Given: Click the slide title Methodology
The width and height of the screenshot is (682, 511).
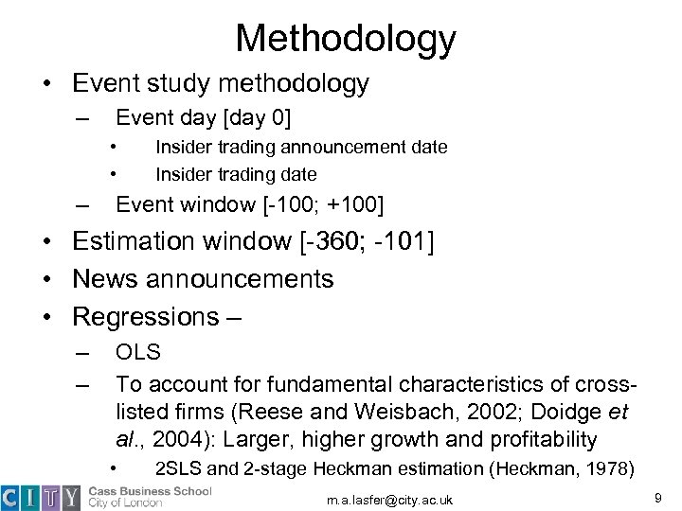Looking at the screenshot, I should [346, 38].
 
